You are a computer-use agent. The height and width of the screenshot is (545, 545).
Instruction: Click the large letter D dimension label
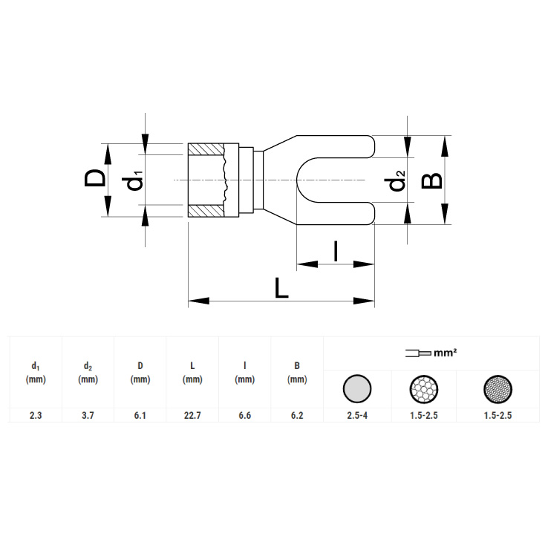pos(94,177)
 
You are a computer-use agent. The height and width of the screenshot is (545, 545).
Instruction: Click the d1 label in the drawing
pos(134,180)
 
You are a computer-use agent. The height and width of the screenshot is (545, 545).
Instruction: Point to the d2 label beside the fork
pos(397,180)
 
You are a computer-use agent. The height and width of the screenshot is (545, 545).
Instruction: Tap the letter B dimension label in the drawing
pos(431,180)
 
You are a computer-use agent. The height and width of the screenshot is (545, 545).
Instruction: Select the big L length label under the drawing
pos(281,288)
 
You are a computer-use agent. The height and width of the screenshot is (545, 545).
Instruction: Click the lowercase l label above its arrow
pos(336,251)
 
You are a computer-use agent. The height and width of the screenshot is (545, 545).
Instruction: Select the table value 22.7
pos(192,415)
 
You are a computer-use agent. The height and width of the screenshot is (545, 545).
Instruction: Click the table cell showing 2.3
pos(36,415)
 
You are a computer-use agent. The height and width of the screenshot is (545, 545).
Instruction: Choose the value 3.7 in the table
pos(88,415)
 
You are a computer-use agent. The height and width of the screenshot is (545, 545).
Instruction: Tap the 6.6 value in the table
pos(245,415)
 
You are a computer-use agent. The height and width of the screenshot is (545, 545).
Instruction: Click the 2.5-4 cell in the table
pos(357,415)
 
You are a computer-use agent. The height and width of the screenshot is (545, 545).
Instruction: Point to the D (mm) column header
pos(140,372)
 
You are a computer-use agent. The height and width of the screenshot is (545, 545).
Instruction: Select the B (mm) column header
pos(297,372)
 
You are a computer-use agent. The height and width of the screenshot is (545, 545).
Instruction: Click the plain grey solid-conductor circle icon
pos(357,388)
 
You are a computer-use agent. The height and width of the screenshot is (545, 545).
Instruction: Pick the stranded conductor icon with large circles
pos(424,389)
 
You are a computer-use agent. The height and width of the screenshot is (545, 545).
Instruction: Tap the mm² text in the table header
pos(446,353)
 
